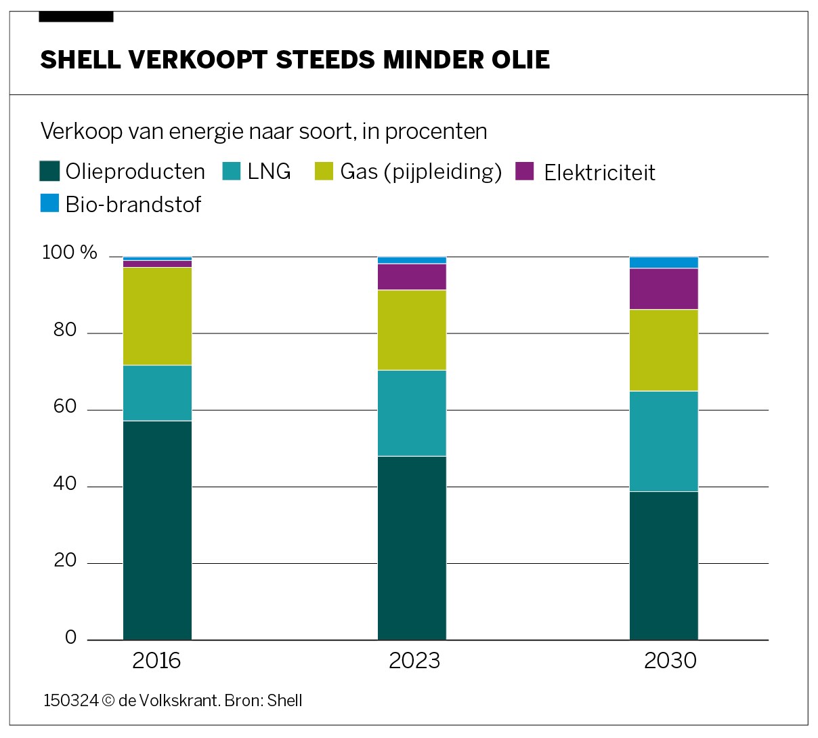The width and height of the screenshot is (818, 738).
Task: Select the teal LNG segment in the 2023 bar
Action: (x=412, y=413)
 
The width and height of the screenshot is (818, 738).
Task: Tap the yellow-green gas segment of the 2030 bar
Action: (x=664, y=350)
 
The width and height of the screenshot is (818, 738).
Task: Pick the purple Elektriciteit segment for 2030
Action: (x=664, y=289)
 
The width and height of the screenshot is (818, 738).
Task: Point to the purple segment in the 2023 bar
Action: (x=412, y=276)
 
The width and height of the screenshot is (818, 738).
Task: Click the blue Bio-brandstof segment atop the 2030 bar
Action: (x=664, y=263)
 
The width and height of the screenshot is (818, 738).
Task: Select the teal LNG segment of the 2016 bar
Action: (x=157, y=393)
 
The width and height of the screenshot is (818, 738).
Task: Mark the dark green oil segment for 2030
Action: (x=664, y=565)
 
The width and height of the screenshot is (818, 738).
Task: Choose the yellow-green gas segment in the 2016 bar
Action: (x=157, y=316)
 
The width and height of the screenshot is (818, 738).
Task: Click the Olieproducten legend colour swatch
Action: (x=50, y=171)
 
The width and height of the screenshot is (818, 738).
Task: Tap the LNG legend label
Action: (x=269, y=171)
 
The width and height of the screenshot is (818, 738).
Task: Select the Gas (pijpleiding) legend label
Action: (x=421, y=172)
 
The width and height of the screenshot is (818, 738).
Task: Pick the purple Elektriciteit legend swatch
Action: (x=525, y=171)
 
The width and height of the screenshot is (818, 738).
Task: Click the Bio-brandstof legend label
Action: (x=133, y=205)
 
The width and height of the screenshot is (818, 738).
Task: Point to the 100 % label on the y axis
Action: (x=70, y=253)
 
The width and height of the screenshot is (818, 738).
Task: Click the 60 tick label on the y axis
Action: (x=66, y=407)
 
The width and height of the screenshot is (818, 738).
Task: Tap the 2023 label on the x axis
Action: (x=414, y=661)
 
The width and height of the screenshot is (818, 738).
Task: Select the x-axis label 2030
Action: (x=670, y=661)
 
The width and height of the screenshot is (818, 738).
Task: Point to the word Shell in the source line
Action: (x=284, y=701)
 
